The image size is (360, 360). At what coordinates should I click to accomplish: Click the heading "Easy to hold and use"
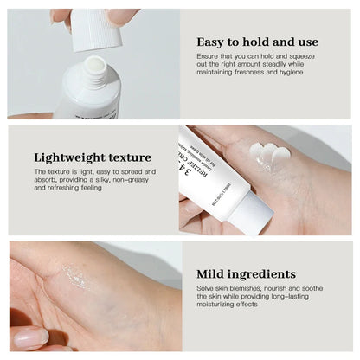pos(257,42)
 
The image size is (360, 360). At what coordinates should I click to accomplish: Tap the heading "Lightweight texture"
pos(93,157)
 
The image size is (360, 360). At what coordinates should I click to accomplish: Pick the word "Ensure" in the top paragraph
pos(208,56)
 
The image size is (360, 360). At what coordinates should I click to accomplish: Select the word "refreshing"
pos(51,188)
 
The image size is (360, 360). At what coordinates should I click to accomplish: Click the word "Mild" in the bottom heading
pos(213,273)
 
